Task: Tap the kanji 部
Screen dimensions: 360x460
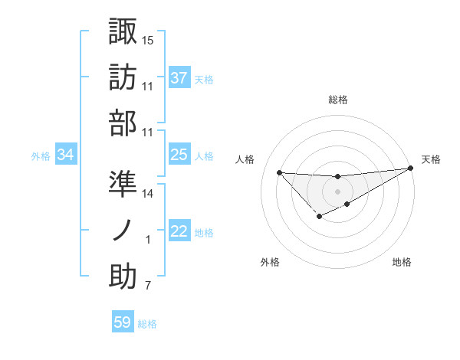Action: (123, 123)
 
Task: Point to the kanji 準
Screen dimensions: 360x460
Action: (123, 183)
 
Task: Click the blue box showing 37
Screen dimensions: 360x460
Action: (179, 77)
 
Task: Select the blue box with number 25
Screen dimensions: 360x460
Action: (179, 155)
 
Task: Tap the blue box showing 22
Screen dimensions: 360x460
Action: (179, 232)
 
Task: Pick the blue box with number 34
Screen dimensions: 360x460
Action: (65, 155)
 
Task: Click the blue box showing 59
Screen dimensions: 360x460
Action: (123, 322)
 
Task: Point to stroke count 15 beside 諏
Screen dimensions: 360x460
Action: (148, 39)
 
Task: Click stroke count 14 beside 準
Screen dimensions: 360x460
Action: (148, 194)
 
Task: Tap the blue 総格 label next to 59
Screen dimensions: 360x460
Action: (148, 324)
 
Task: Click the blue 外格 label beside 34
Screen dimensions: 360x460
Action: (41, 156)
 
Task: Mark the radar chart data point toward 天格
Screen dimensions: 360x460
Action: (410, 169)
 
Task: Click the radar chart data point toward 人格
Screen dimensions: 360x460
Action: (279, 172)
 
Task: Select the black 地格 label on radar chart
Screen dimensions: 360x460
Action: (402, 263)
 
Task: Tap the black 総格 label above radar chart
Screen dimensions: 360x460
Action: (338, 100)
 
